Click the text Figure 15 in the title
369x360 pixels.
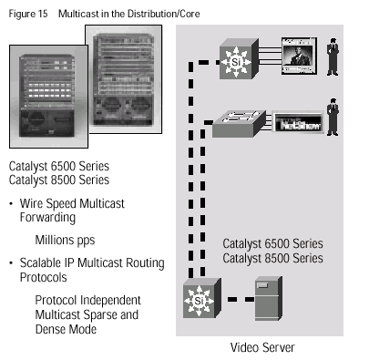[x=28, y=14]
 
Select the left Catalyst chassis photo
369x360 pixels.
[x=48, y=97]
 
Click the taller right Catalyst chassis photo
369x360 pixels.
[x=125, y=79]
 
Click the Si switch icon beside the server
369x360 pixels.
[x=202, y=298]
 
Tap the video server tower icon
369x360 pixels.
[x=269, y=298]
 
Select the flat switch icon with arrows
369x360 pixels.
[x=239, y=124]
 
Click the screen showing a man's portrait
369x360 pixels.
[x=299, y=56]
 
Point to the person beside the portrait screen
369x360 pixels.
[x=333, y=57]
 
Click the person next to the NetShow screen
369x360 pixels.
[x=333, y=117]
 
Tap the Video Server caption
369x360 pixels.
[x=262, y=347]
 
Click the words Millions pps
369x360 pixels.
[x=65, y=241]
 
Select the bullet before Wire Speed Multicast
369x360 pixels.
[x=11, y=203]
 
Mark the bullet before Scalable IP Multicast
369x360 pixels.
[x=11, y=262]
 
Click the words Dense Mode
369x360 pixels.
[x=66, y=329]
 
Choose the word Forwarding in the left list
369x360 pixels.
[x=47, y=218]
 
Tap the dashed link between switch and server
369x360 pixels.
[x=241, y=300]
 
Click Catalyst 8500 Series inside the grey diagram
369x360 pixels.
[x=272, y=258]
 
